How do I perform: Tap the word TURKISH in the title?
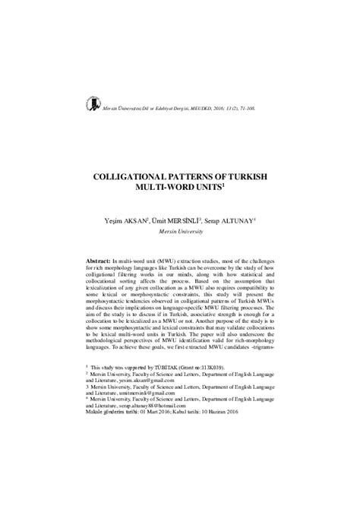click(248, 175)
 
